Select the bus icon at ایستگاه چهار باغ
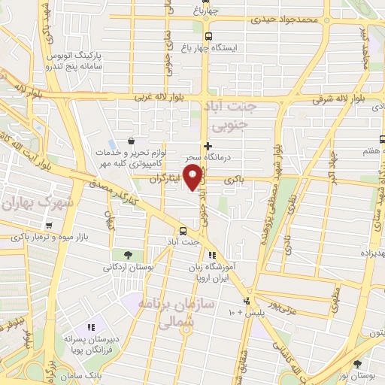[208, 35]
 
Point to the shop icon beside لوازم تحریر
[131, 140]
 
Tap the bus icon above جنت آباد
[183, 231]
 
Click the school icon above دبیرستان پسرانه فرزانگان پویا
[91, 327]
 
